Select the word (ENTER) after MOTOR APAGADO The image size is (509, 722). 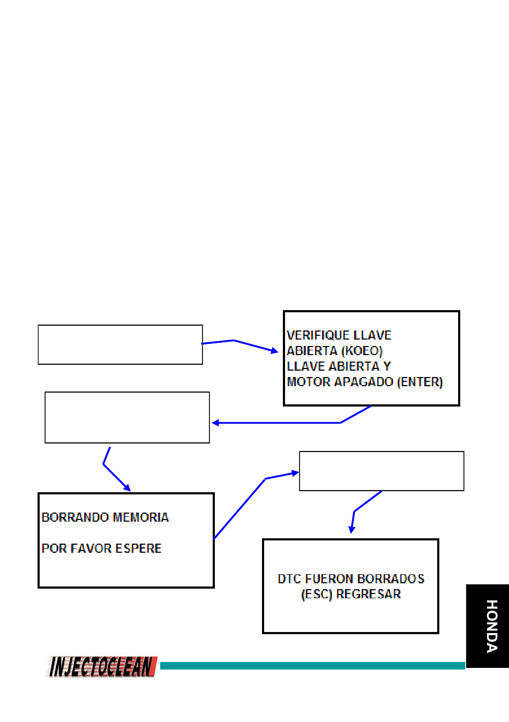pyautogui.click(x=420, y=382)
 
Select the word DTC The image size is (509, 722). pyautogui.click(x=289, y=579)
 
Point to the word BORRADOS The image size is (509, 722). pyautogui.click(x=391, y=579)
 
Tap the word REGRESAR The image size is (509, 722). pyautogui.click(x=369, y=594)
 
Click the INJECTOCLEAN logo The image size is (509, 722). pyautogui.click(x=102, y=666)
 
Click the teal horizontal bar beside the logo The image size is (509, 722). pyautogui.click(x=312, y=665)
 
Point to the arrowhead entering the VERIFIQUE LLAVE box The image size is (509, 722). pyautogui.click(x=275, y=351)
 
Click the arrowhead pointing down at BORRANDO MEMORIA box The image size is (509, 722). pyautogui.click(x=128, y=488)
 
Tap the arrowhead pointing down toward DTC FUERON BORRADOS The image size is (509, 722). pyautogui.click(x=351, y=530)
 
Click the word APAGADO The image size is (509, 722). pyautogui.click(x=364, y=382)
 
